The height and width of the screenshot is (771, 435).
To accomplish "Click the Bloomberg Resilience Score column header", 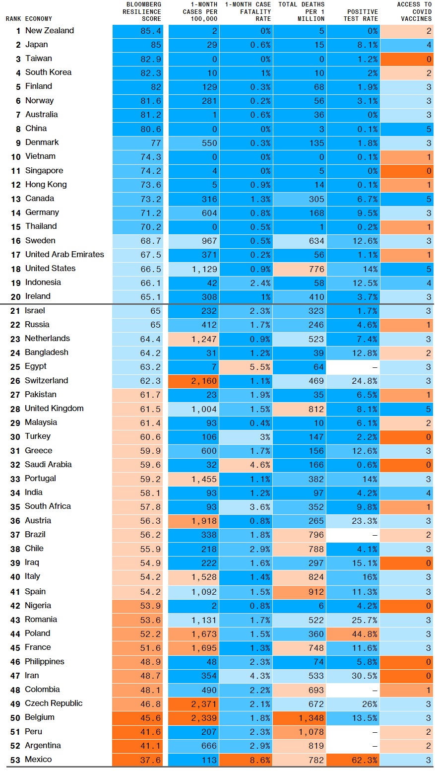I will point(142,11).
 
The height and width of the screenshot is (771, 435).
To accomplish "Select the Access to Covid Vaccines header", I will point(415,11).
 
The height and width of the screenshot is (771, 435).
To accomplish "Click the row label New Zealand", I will point(50,31).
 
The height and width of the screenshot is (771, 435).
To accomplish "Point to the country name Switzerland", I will point(47,381).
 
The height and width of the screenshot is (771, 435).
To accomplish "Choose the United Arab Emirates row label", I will point(64,255).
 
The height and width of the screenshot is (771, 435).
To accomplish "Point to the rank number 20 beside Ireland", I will point(15,297).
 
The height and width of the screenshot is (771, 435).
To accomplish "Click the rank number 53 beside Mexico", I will point(15,760).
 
